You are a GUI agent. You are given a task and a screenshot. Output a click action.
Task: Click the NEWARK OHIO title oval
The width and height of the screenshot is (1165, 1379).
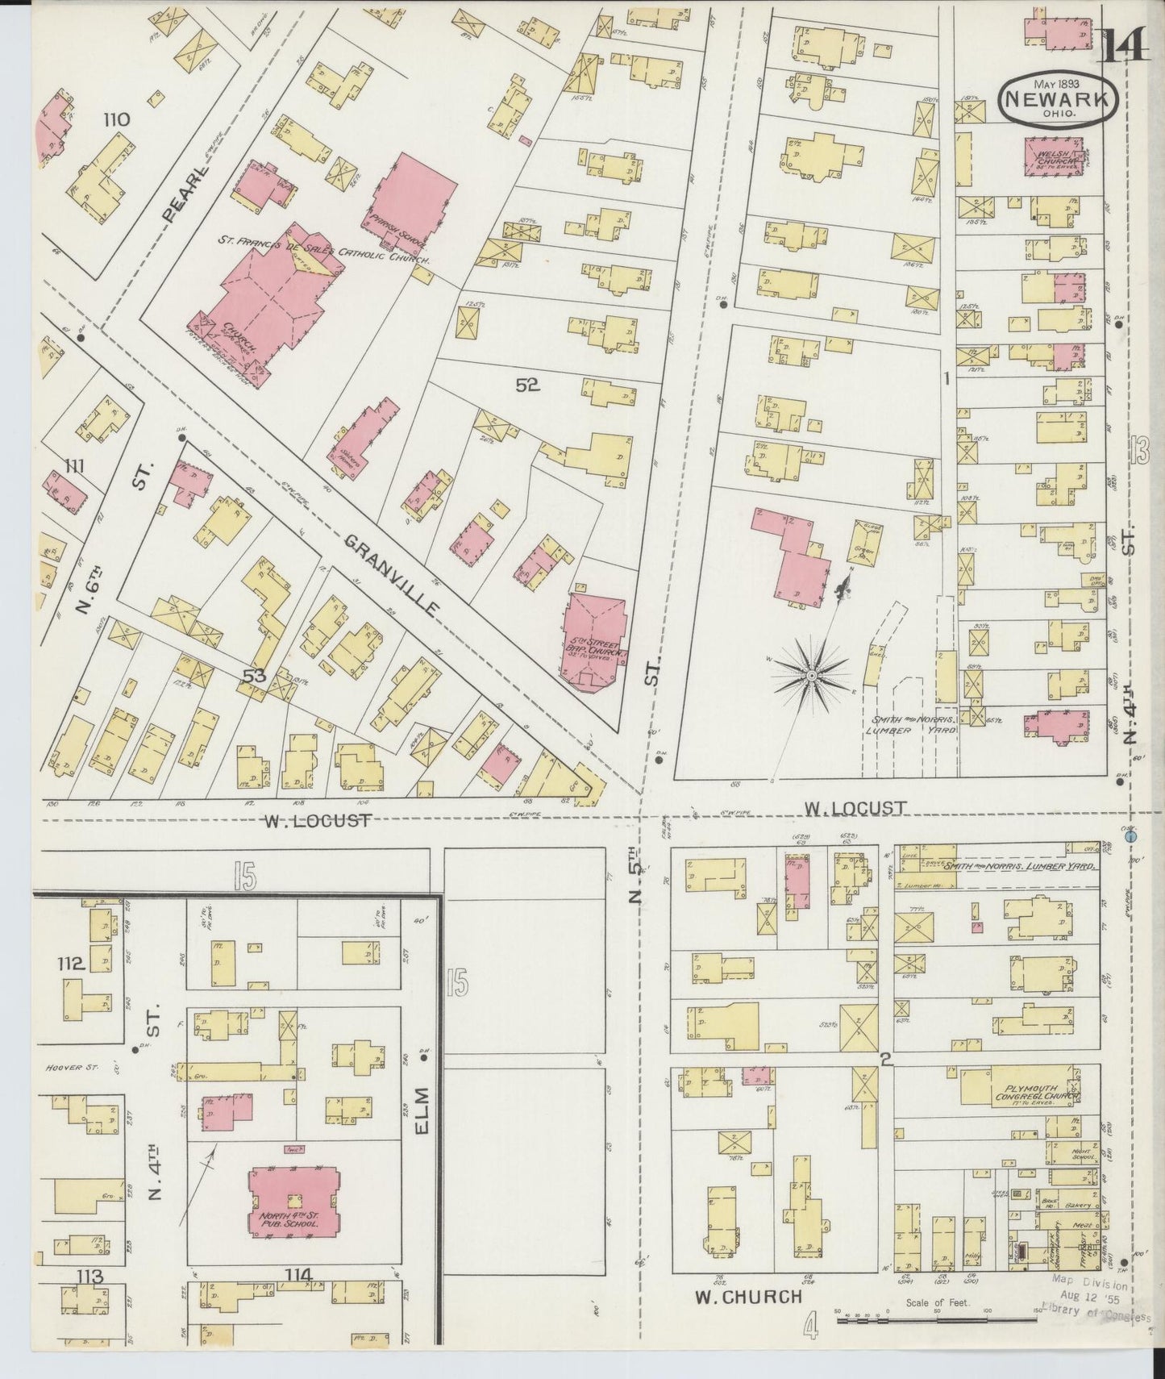click(x=1059, y=98)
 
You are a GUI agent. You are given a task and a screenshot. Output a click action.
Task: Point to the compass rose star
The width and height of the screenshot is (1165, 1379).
click(x=812, y=674)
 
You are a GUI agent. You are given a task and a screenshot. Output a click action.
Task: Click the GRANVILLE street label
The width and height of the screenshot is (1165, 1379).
click(x=391, y=575)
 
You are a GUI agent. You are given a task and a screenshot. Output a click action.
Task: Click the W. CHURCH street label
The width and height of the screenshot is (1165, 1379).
click(x=748, y=1319)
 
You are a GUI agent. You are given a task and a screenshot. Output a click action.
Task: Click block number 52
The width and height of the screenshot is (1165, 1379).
click(x=527, y=386)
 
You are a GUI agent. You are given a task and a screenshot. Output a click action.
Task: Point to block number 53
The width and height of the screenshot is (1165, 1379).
click(x=255, y=677)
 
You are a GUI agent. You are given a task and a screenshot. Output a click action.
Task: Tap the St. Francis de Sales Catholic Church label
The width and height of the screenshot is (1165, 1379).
click(x=322, y=251)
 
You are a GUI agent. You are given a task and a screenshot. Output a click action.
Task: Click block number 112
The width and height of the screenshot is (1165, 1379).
click(x=71, y=964)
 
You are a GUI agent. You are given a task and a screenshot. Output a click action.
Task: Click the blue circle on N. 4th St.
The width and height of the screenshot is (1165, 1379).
click(x=1131, y=839)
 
